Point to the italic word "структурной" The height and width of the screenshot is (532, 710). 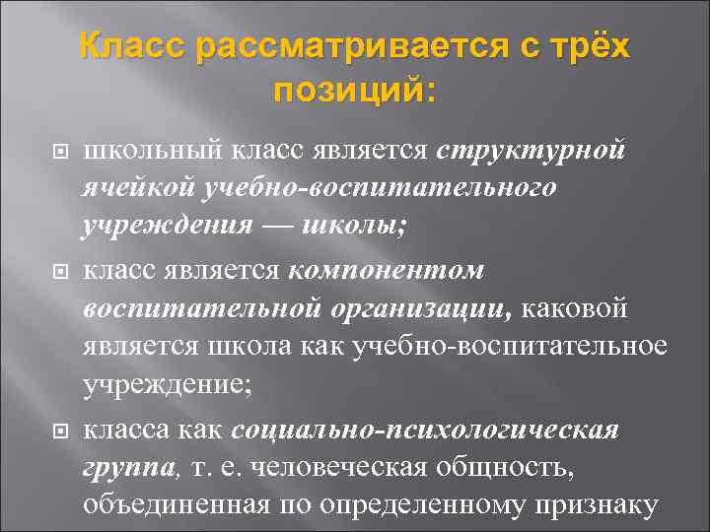pos(530,151)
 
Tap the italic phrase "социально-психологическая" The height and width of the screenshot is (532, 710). pos(425,431)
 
